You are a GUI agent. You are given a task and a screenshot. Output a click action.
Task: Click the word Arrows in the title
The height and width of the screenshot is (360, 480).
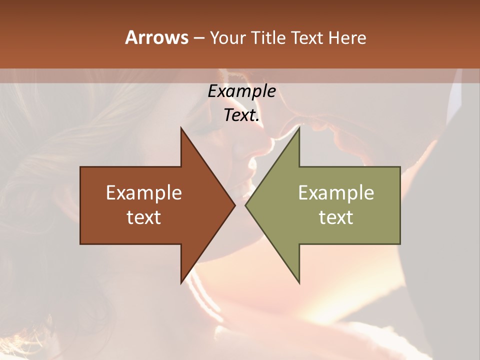[156, 37]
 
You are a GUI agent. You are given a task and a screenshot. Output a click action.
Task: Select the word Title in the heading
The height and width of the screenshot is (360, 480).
[268, 37]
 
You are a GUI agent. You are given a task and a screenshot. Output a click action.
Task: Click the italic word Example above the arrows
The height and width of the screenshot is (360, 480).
[241, 91]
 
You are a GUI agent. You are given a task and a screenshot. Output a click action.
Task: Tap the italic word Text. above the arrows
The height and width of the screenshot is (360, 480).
[241, 115]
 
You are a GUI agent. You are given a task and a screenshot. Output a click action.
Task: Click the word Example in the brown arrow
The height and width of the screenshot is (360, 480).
[144, 193]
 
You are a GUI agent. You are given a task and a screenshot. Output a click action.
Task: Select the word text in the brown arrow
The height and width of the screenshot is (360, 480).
[144, 217]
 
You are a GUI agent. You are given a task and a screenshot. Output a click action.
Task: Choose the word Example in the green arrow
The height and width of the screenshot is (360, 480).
[336, 193]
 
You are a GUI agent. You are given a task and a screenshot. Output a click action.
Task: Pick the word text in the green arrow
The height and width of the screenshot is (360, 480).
[336, 217]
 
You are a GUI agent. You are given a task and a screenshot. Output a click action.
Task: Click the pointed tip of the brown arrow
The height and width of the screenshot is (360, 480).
[234, 205]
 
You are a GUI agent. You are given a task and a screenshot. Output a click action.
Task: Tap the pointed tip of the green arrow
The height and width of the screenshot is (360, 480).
[245, 205]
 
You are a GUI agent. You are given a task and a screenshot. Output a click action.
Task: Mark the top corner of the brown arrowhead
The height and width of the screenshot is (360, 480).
[181, 128]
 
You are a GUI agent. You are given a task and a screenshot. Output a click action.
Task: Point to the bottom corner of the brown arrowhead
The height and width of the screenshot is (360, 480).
[181, 283]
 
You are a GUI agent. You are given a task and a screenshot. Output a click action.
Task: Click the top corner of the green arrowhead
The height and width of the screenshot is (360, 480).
[299, 128]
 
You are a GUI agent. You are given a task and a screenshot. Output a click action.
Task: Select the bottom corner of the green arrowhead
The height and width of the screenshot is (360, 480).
[299, 283]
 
